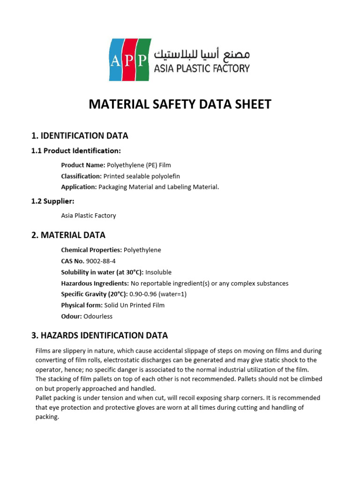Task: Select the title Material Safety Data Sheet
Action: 180,105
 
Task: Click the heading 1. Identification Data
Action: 79,136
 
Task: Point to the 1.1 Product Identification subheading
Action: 76,151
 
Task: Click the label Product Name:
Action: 83,165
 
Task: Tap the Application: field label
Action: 79,187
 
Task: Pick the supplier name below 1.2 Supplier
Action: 88,216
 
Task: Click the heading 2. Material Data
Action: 68,235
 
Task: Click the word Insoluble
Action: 158,272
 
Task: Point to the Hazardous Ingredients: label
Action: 95,284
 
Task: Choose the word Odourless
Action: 98,316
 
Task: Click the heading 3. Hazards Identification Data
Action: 99,336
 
